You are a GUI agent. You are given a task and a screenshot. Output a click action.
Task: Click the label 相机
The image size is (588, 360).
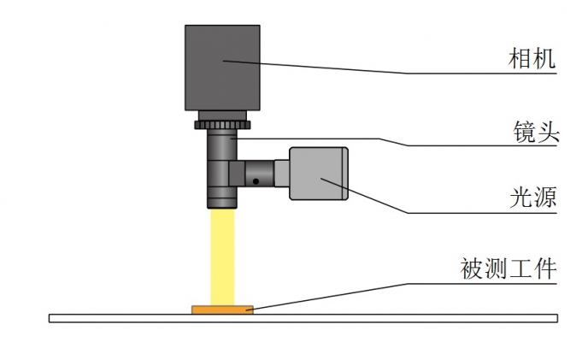[x=532, y=58]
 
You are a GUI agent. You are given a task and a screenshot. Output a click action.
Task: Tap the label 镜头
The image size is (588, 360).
[x=536, y=132]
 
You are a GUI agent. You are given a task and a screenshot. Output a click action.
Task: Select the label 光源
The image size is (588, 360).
[x=533, y=197]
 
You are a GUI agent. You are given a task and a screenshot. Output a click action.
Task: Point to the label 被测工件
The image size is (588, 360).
[x=509, y=269]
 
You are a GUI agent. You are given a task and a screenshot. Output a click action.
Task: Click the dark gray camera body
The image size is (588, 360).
[x=222, y=68]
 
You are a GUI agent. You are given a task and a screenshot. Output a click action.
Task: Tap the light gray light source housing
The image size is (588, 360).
[x=319, y=174]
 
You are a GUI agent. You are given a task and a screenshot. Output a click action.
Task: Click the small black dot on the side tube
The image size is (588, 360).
[x=256, y=181]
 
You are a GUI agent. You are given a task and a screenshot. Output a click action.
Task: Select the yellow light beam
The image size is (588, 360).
[x=222, y=257]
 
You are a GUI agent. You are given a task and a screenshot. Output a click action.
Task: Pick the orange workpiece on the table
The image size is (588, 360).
[x=222, y=310]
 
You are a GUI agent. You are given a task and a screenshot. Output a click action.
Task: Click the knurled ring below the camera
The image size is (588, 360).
[x=222, y=125]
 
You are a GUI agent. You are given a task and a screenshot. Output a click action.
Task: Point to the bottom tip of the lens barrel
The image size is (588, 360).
[x=222, y=209]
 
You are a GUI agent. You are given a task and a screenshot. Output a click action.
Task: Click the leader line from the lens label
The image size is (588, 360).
[x=394, y=143]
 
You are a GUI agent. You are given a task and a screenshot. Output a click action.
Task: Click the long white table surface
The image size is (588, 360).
[x=303, y=318]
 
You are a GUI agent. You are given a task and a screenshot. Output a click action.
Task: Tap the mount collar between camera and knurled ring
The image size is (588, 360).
[x=222, y=115]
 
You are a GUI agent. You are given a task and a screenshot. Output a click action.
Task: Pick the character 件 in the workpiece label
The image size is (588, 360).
[x=544, y=269]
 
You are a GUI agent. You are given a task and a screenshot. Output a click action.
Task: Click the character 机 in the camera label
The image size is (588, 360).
[x=544, y=58]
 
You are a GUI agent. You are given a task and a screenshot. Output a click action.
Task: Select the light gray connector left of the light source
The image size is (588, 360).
[x=282, y=174]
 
